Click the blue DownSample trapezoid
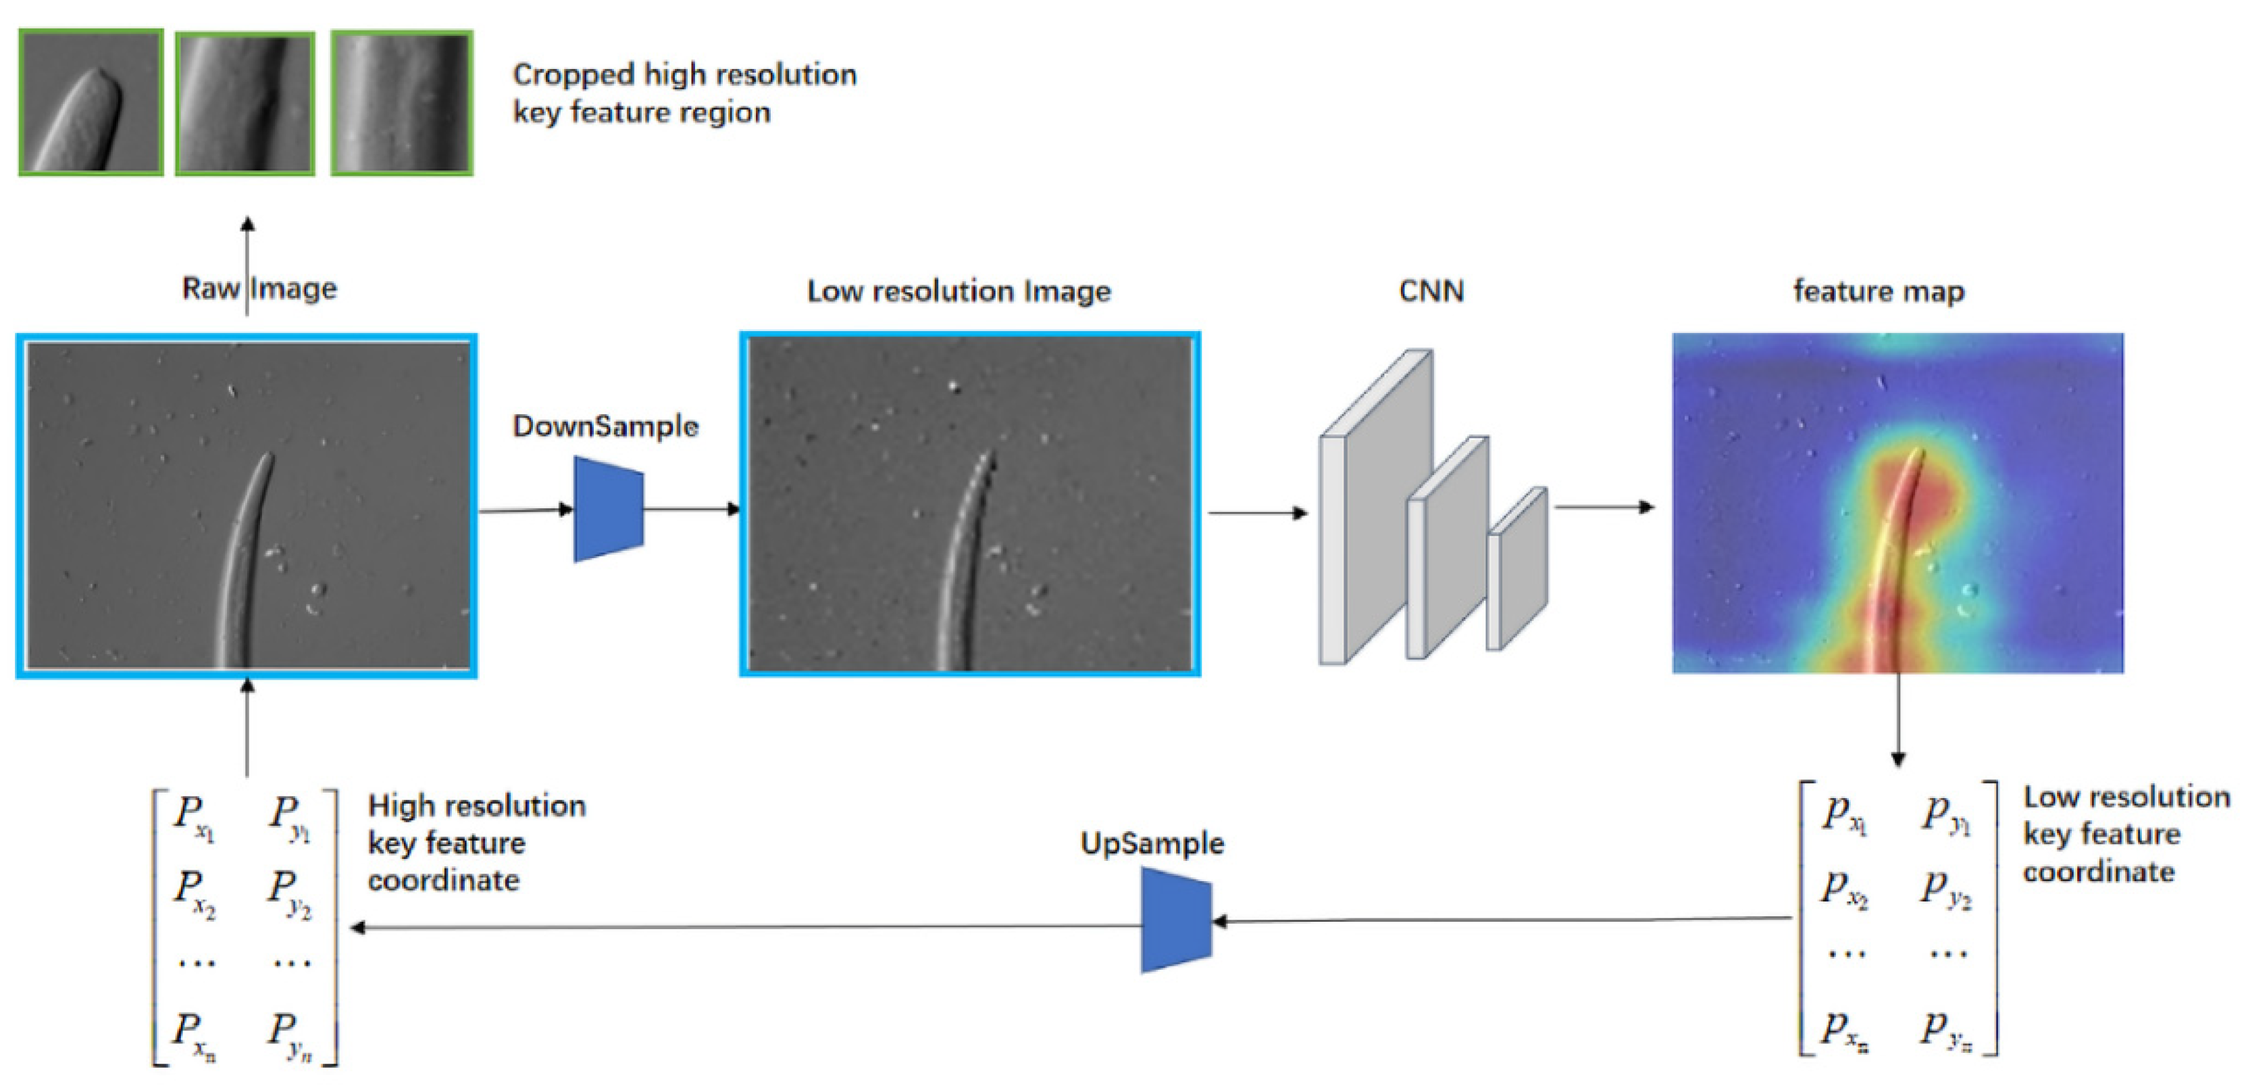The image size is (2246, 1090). point(609,510)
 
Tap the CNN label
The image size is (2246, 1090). point(1431,291)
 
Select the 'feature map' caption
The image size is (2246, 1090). point(1878,291)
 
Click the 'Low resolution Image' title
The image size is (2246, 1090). point(959,291)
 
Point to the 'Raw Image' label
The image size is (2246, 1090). point(259,289)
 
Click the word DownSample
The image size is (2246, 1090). point(605,426)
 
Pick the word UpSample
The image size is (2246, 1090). point(1152,843)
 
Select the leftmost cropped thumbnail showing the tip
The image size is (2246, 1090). point(91,102)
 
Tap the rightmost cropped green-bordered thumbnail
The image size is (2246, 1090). point(402,103)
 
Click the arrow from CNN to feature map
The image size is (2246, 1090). point(1604,507)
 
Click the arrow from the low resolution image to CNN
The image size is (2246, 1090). point(1256,513)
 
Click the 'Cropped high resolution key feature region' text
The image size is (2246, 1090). point(684,93)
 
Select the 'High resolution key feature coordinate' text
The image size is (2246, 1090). point(476,843)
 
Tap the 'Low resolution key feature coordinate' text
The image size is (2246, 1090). point(2126,835)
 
